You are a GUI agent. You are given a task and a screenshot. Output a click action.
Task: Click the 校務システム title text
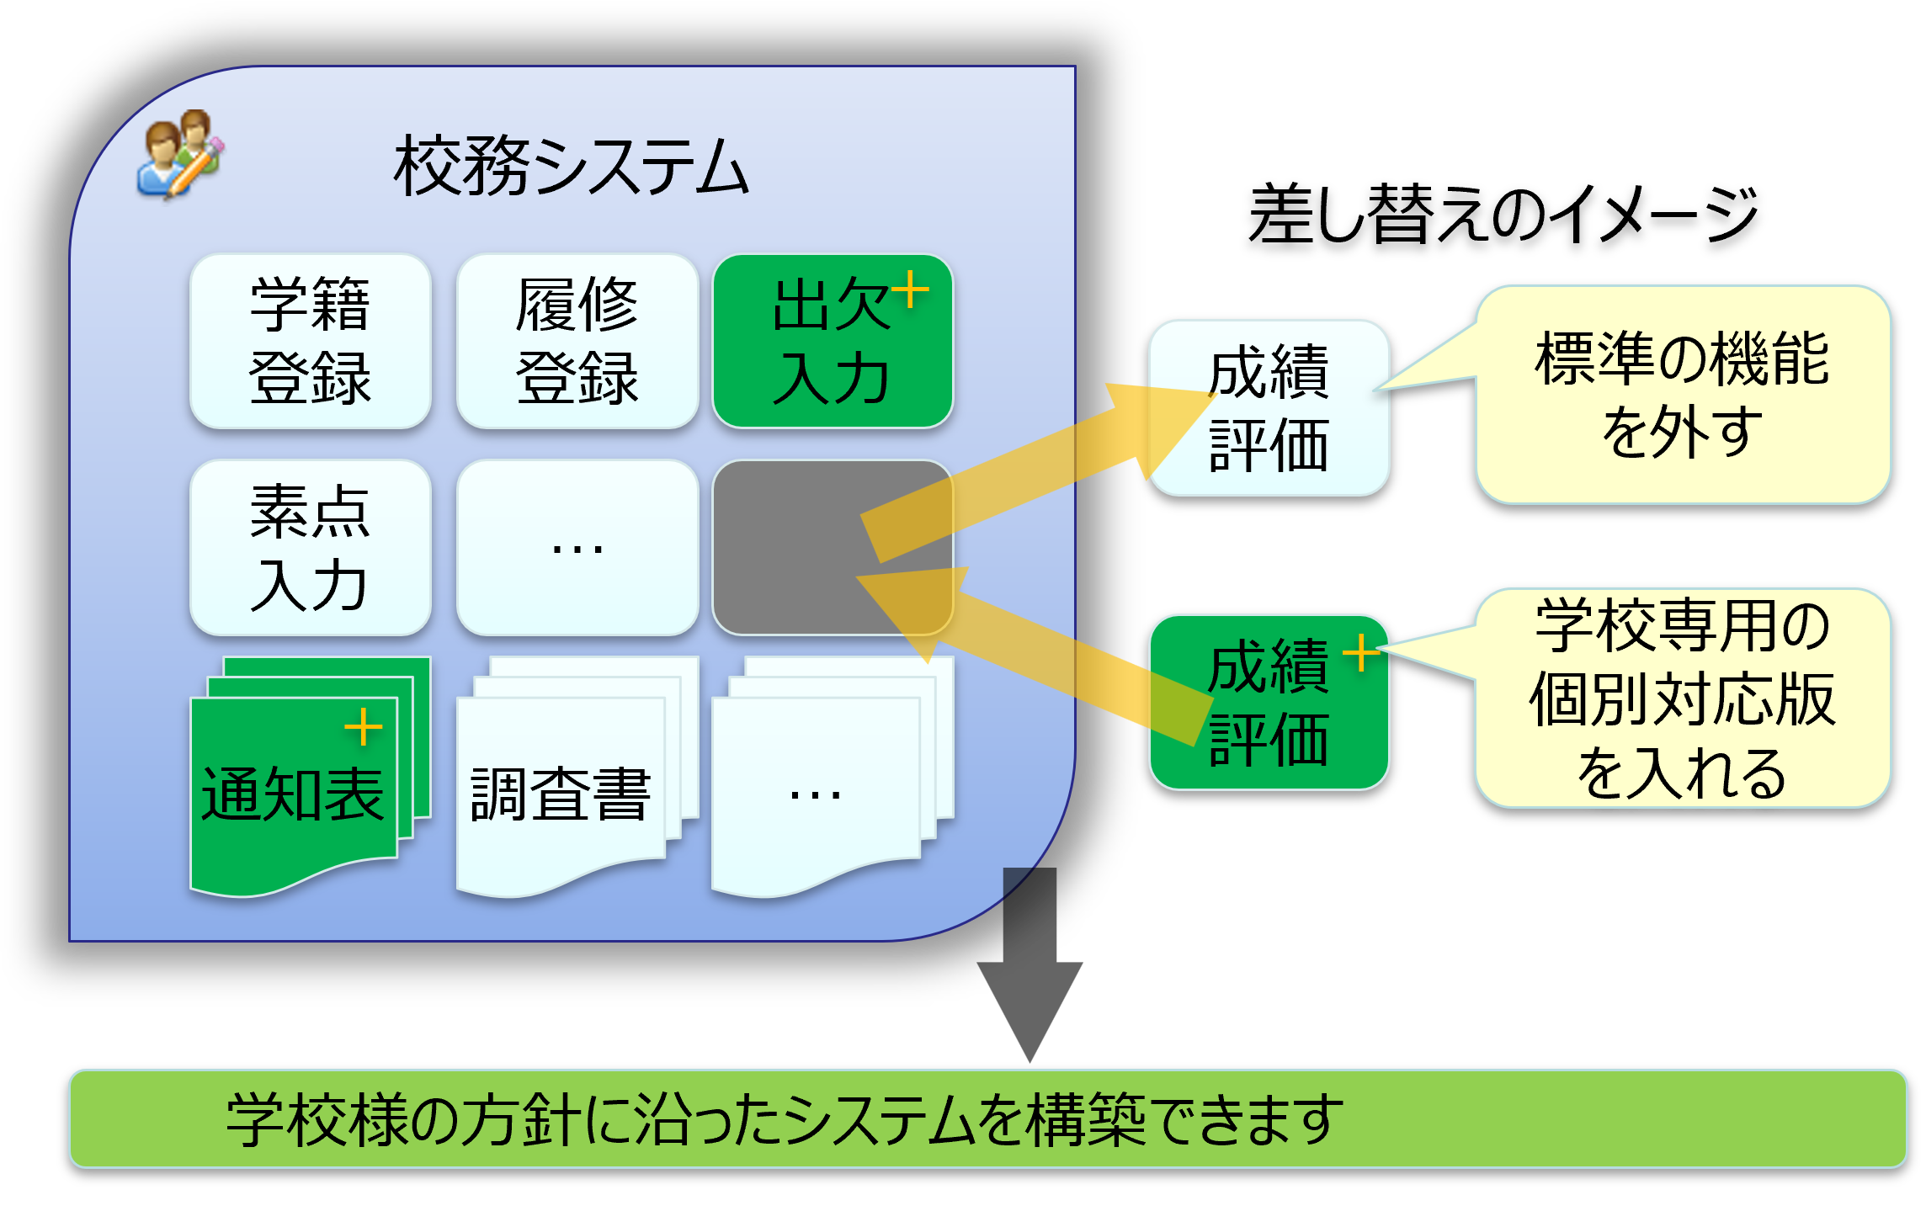pyautogui.click(x=571, y=167)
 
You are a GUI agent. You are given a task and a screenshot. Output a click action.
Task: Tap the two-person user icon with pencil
pyautogui.click(x=180, y=154)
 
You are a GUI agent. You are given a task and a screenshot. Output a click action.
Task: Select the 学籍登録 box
pyautogui.click(x=311, y=341)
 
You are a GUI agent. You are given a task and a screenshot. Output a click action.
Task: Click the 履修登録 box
pyautogui.click(x=577, y=341)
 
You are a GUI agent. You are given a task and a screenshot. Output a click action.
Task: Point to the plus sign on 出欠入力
pyautogui.click(x=910, y=290)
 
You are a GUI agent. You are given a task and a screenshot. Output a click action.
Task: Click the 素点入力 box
pyautogui.click(x=311, y=547)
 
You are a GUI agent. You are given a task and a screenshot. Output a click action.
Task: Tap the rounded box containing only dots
pyautogui.click(x=577, y=547)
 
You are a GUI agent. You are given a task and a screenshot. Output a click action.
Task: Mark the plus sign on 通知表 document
pyautogui.click(x=364, y=726)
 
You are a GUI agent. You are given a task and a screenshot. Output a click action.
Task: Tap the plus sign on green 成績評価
pyautogui.click(x=1361, y=652)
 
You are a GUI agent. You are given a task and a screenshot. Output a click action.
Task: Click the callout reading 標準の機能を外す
pyautogui.click(x=1682, y=394)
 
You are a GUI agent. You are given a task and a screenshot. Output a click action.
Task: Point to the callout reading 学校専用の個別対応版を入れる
pyautogui.click(x=1682, y=698)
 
